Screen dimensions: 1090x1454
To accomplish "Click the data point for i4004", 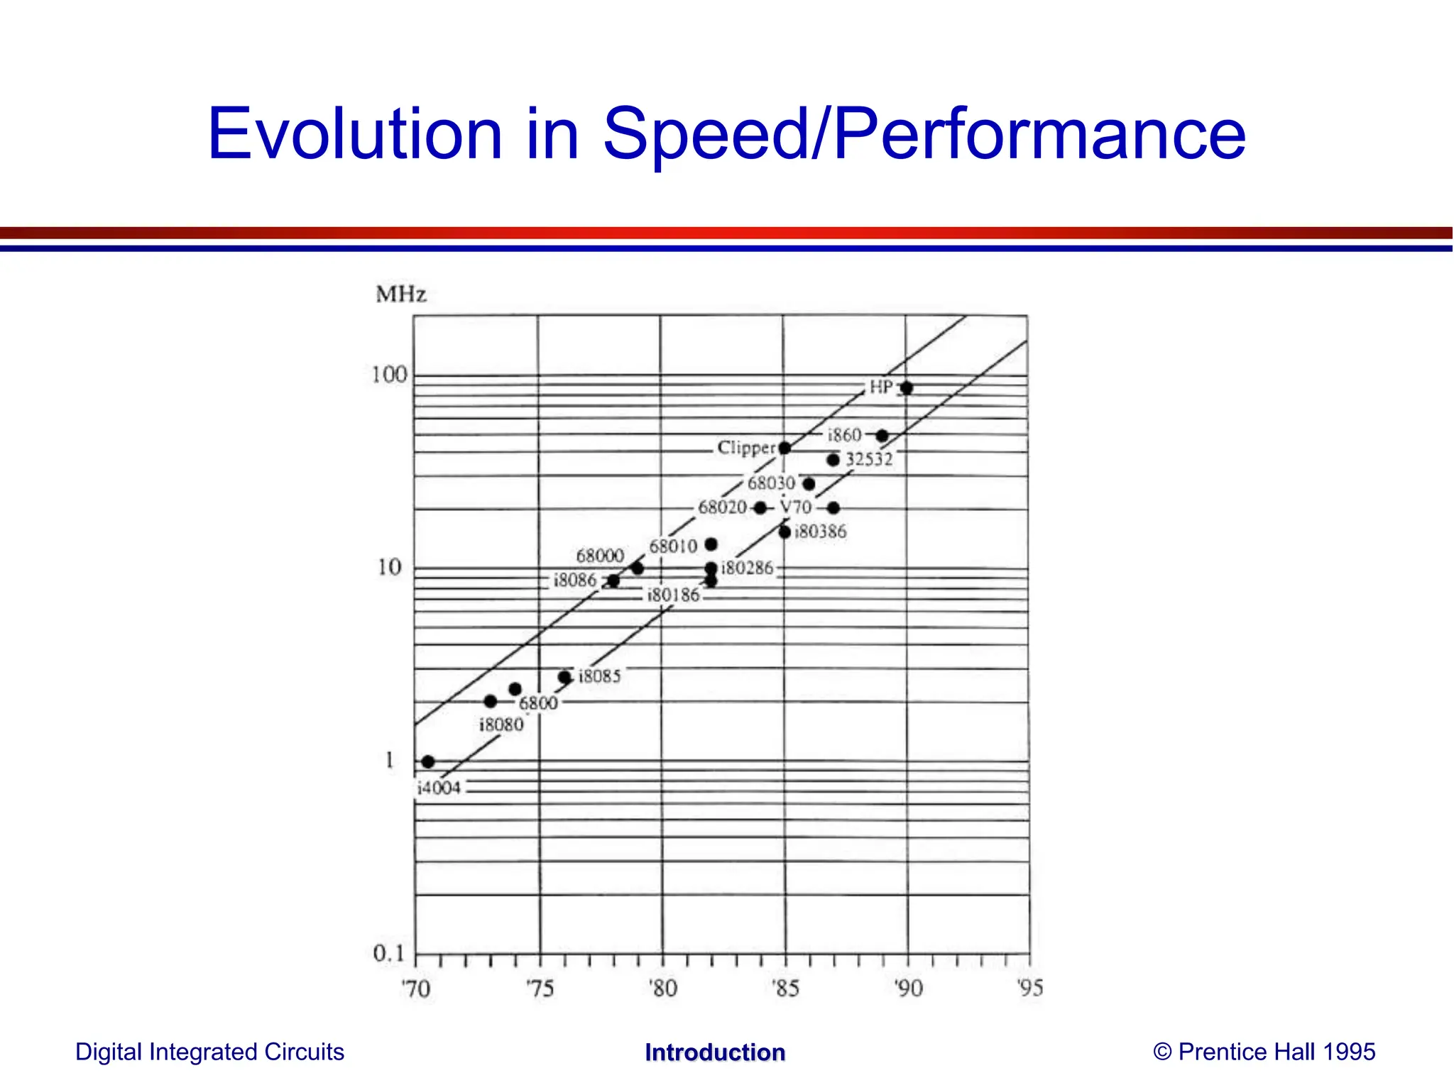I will click(x=427, y=761).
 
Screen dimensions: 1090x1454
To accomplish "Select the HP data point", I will click(x=907, y=388).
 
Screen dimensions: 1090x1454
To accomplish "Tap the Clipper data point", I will click(x=785, y=448).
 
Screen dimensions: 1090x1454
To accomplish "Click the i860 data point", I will click(x=882, y=436).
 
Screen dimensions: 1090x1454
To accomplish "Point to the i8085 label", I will click(x=599, y=676).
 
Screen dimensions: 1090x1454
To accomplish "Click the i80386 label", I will click(x=821, y=532).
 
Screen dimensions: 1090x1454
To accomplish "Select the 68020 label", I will click(x=722, y=507).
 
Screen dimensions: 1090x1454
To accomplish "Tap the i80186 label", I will click(x=673, y=595).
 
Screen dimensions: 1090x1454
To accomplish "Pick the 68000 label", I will click(x=600, y=556).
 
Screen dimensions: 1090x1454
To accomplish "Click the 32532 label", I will click(x=869, y=460).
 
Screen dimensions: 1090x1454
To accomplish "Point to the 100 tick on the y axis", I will click(x=390, y=375).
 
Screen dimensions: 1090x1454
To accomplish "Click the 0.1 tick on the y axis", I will click(x=388, y=953).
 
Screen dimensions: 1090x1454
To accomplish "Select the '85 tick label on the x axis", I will click(x=785, y=989).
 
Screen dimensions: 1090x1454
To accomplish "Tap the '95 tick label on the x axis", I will click(x=1029, y=988).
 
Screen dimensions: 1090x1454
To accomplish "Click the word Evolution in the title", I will click(x=355, y=133).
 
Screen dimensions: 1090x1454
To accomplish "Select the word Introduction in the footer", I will click(x=714, y=1052).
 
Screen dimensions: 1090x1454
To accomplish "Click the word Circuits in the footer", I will click(x=304, y=1052).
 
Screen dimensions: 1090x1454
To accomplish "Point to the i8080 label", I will click(x=501, y=725).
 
